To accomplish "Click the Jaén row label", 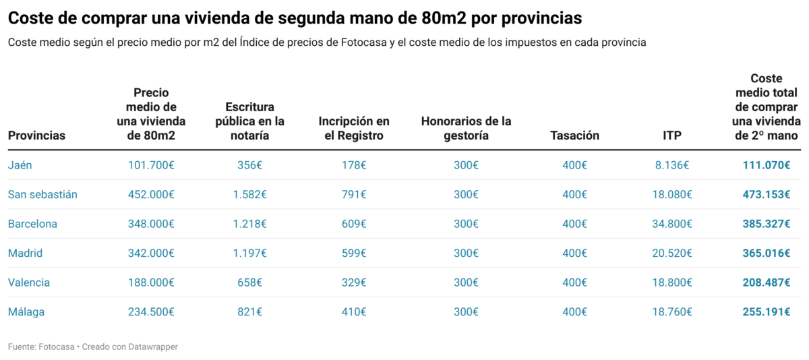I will coord(20,165).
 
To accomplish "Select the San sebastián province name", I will coord(42,195).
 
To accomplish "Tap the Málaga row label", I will coord(26,312).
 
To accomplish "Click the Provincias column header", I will coord(36,136).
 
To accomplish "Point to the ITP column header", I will coord(671,136).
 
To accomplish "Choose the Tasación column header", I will coord(574,136).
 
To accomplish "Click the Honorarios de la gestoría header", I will coord(466,128).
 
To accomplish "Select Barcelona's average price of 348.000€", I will coord(151,224).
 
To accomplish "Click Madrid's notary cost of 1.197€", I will coord(249,253).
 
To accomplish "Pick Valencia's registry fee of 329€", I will coord(354,282).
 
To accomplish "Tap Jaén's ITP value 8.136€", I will coord(671,165).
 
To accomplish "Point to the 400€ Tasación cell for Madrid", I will coord(574,253).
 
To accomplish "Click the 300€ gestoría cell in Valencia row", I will coord(466,282).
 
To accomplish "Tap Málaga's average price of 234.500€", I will coord(151,312).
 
